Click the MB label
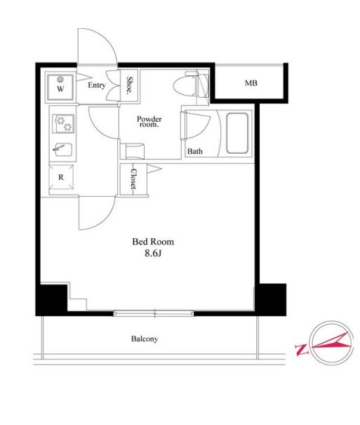click(251, 83)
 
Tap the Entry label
click(97, 85)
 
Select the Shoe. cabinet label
click(130, 86)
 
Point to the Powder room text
click(149, 122)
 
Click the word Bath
click(195, 151)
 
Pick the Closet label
click(133, 179)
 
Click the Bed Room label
click(153, 242)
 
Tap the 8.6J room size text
click(153, 254)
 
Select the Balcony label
click(145, 339)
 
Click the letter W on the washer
click(60, 89)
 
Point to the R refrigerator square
click(61, 177)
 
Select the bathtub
click(237, 133)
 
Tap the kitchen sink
click(63, 150)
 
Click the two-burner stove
click(63, 124)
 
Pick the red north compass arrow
click(333, 342)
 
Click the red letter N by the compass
click(302, 350)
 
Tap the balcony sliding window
click(154, 313)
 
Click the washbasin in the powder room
click(135, 151)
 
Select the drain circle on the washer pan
click(60, 79)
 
